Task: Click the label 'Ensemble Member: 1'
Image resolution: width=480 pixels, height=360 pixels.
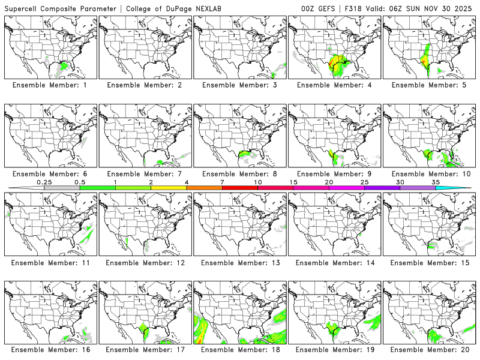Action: pos(51,85)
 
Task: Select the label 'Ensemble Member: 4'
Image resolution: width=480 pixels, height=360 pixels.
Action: pos(334,85)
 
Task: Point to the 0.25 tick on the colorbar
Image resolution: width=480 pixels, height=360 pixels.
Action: pos(44,182)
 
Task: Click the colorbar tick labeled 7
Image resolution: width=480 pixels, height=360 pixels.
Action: pos(222,182)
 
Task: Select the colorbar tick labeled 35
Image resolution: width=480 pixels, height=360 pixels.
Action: pos(436,182)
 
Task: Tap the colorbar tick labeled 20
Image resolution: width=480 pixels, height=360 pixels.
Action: pos(329,182)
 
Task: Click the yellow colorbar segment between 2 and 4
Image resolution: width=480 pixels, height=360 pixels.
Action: pos(169,188)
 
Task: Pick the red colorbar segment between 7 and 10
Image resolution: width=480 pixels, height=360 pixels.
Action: pos(239,188)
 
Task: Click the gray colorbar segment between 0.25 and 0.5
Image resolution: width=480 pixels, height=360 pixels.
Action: pos(62,188)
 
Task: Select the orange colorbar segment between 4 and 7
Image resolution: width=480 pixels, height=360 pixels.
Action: pos(204,188)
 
